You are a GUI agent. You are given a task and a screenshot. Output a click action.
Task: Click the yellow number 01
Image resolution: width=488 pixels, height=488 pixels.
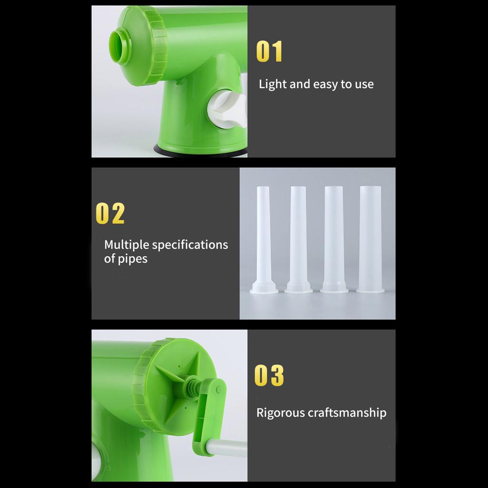[270, 51]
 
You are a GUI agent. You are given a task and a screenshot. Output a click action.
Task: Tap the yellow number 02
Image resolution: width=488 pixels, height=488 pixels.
[110, 213]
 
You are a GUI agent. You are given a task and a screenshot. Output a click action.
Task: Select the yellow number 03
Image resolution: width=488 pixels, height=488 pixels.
[269, 376]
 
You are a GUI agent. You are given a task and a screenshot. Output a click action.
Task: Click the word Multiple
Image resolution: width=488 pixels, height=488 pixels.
[127, 245]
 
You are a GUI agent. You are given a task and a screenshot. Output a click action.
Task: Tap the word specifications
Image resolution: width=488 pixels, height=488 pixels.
[190, 245]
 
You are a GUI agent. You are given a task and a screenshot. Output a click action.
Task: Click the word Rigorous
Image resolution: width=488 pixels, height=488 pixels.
[280, 413]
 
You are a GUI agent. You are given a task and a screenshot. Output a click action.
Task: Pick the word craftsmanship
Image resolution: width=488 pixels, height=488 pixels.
[347, 413]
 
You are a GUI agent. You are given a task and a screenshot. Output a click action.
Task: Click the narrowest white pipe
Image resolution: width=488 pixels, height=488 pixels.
[264, 240]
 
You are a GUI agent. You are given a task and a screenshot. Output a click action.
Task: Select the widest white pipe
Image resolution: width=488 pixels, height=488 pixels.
[370, 239]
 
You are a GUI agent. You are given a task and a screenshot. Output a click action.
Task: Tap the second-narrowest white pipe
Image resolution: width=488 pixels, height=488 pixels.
[298, 240]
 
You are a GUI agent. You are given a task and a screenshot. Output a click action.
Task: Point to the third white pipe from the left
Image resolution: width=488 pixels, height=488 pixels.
[334, 240]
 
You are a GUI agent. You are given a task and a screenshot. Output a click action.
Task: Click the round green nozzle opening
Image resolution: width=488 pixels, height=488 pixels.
[120, 46]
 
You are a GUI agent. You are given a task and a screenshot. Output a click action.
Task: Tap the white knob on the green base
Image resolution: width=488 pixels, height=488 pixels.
[226, 109]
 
